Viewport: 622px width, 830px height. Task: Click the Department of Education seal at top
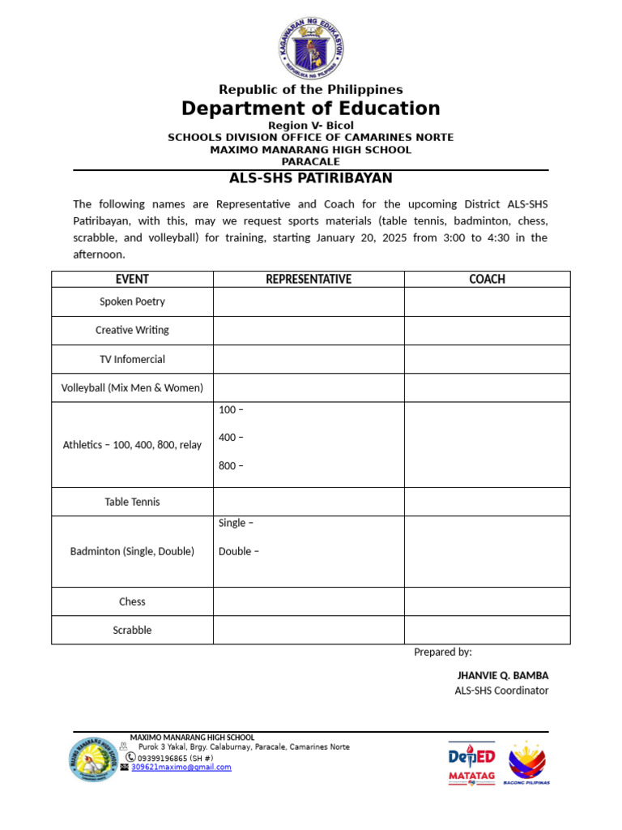311,46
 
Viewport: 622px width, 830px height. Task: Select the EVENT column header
132,280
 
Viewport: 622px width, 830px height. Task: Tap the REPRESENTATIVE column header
309,280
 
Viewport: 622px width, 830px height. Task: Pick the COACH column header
487,280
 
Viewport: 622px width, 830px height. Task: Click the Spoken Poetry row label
132,302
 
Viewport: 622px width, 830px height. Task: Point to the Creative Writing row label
132,331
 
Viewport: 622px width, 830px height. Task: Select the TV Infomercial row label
132,359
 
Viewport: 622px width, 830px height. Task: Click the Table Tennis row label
132,502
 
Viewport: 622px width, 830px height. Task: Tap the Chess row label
132,601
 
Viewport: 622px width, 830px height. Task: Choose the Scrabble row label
132,630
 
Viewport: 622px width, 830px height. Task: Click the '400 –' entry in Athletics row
231,438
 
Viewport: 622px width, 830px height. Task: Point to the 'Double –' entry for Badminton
239,552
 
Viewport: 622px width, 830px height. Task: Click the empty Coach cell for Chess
487,601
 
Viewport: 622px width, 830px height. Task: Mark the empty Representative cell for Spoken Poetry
309,302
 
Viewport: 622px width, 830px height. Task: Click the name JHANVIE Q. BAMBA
503,675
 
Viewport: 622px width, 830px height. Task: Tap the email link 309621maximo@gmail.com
181,767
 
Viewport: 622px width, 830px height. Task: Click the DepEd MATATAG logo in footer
472,762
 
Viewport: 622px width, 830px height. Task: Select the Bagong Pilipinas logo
526,762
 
